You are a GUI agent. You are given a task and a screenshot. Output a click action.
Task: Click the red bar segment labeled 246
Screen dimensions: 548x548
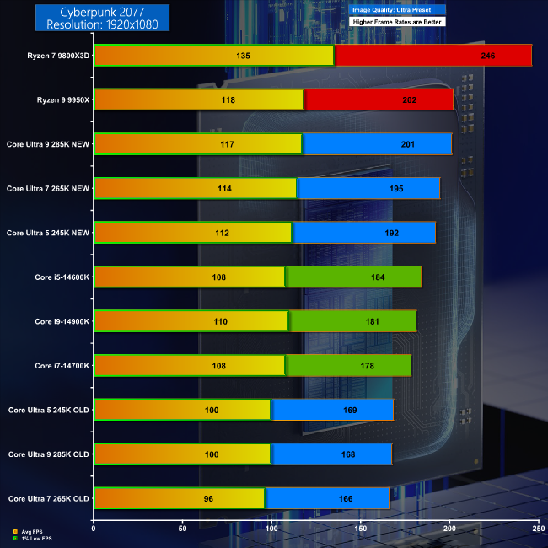pos(432,56)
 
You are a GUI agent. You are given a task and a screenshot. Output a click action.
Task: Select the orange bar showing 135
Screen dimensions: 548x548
pos(214,56)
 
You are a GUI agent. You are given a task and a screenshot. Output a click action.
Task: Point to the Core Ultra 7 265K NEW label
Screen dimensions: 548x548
pos(47,188)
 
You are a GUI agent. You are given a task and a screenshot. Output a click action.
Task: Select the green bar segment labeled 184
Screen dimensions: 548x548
pos(354,277)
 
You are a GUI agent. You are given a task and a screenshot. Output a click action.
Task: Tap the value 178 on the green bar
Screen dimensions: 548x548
pos(349,365)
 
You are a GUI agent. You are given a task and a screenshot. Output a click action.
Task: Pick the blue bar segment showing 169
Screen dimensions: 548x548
pos(332,410)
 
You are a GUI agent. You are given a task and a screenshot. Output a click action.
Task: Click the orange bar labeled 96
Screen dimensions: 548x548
pos(180,498)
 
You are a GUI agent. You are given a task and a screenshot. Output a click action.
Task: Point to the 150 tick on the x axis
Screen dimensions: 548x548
pos(361,529)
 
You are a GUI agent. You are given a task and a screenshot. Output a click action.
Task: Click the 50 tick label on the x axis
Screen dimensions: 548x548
pos(182,529)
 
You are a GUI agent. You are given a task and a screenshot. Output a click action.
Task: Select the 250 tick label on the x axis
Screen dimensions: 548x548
pos(538,529)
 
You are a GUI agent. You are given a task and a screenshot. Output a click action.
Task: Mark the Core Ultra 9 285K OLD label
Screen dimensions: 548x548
pos(48,454)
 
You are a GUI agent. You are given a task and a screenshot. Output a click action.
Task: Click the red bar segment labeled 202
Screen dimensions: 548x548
pos(379,100)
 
